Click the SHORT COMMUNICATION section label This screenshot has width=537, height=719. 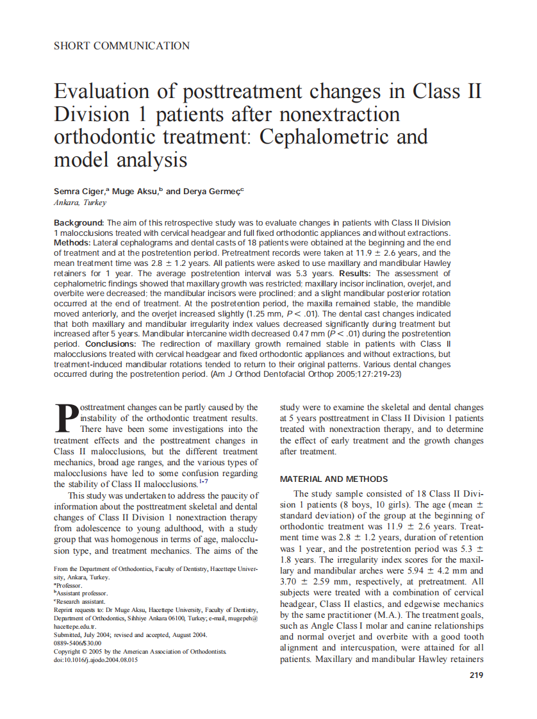coord(122,46)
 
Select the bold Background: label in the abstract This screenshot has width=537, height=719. coord(79,222)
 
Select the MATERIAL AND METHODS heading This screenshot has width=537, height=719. coord(334,479)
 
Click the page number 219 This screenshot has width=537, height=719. coord(476,675)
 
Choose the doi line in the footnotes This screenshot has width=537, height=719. coord(95,659)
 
